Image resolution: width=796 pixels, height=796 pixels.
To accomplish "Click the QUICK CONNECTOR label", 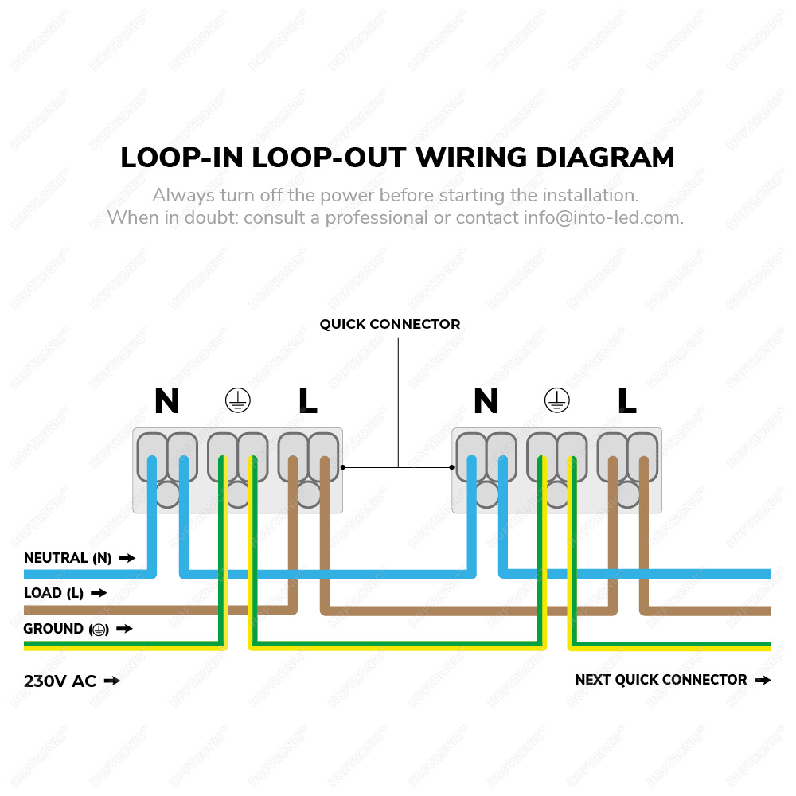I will tap(390, 325).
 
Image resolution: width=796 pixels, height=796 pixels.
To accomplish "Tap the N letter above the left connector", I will tap(166, 401).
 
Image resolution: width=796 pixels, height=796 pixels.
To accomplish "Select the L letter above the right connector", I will tap(627, 401).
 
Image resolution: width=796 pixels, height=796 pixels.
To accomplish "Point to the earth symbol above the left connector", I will tap(236, 401).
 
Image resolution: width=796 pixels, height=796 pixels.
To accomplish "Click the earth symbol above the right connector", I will tap(556, 401).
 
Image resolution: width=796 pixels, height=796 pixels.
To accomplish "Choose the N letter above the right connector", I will tap(486, 401).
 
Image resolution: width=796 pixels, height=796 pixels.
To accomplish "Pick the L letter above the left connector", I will tap(308, 401).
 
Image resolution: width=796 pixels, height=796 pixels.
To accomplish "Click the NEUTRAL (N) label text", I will tap(68, 559).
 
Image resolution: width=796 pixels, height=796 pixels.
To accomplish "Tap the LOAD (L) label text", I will tap(53, 593).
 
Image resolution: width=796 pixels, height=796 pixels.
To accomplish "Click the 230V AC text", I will tap(60, 681).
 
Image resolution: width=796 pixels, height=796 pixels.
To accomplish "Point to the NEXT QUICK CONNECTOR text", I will tap(661, 680).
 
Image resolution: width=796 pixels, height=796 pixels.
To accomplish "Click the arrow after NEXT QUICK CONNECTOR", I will tap(763, 681).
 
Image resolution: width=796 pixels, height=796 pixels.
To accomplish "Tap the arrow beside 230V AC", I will tap(112, 681).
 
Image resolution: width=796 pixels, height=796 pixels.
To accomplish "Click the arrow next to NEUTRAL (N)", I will tap(127, 559).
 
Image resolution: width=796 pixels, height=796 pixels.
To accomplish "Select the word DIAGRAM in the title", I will tap(605, 158).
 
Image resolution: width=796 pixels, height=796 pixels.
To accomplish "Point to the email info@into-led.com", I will tap(603, 217).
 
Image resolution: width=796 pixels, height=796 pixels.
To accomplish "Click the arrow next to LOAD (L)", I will tap(99, 593).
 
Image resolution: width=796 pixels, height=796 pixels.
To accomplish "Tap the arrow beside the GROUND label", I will tap(124, 629).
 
